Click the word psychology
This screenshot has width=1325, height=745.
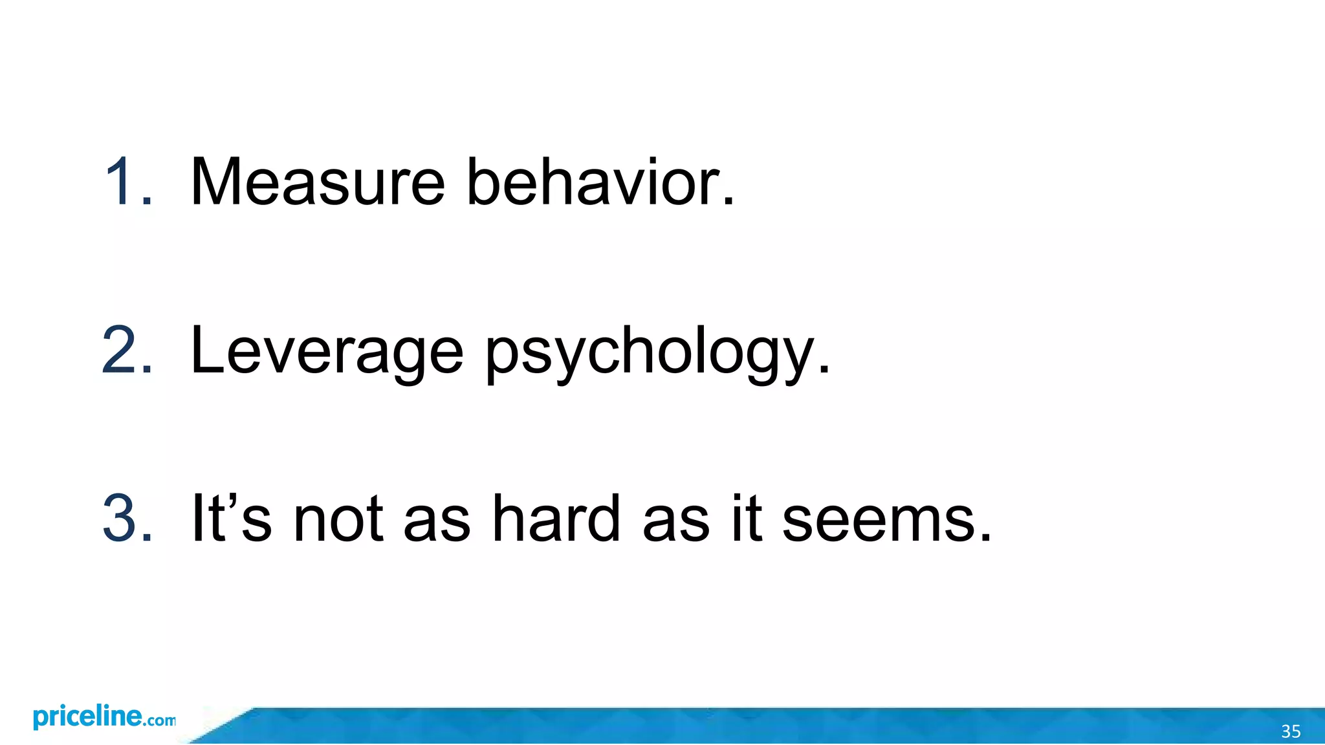pyautogui.click(x=657, y=352)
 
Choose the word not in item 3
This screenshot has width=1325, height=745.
pyautogui.click(x=338, y=520)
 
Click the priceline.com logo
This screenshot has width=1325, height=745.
pyautogui.click(x=104, y=718)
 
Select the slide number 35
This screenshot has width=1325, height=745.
pyautogui.click(x=1291, y=731)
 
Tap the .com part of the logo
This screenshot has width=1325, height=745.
pyautogui.click(x=159, y=720)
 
